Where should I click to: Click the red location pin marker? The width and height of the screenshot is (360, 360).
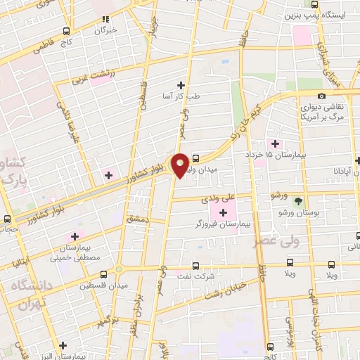181,165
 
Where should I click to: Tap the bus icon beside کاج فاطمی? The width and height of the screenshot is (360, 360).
67,31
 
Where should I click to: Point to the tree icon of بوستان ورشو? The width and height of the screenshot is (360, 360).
300,200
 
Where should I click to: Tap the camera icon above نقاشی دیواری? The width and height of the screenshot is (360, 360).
321,96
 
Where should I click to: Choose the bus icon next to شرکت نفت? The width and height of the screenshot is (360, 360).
196,266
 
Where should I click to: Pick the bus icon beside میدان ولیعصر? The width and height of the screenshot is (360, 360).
195,158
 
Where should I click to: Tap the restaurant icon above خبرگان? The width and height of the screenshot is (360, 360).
105,19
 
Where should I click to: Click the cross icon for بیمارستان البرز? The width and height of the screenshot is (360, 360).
63,345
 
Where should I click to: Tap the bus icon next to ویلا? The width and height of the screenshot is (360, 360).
330,265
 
